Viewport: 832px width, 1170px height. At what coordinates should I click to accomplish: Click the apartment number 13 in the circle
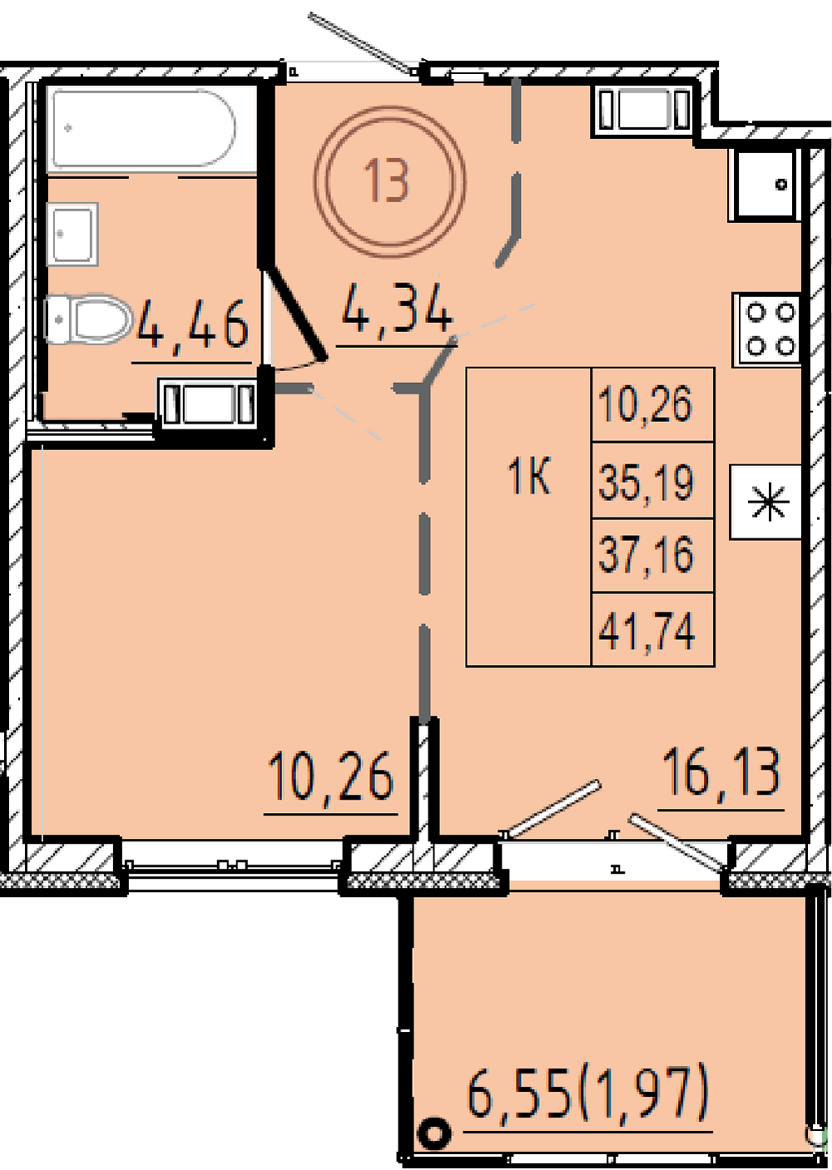(x=387, y=180)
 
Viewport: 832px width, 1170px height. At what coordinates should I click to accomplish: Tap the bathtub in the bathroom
(x=141, y=129)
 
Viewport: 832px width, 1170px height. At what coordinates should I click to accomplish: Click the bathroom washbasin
(x=72, y=235)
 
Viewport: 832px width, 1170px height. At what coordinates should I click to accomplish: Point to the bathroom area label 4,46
(x=192, y=325)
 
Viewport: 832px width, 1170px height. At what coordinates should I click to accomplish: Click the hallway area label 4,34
(x=396, y=309)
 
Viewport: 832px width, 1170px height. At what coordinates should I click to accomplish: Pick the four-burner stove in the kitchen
(x=767, y=330)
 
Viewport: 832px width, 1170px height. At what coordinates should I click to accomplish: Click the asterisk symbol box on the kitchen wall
(x=765, y=502)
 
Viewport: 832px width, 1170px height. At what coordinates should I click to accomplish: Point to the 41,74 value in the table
(x=646, y=632)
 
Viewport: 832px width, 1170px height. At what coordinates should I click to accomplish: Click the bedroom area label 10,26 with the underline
(x=331, y=776)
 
